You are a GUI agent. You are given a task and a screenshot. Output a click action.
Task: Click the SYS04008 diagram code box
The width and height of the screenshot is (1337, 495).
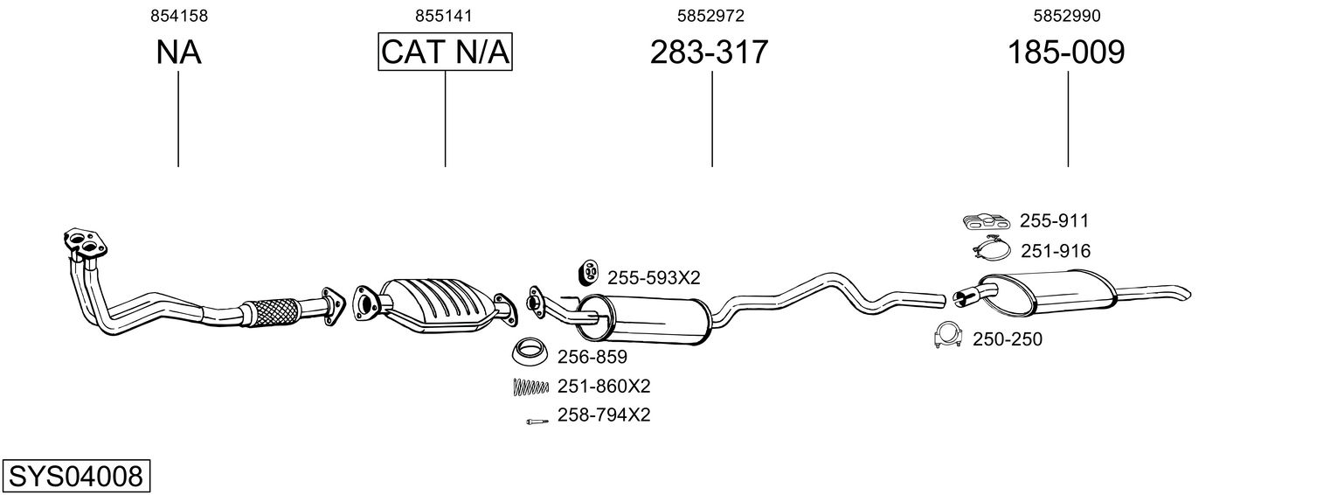[x=75, y=477]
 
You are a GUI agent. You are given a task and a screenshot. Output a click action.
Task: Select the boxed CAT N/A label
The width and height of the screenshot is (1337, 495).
[x=445, y=52]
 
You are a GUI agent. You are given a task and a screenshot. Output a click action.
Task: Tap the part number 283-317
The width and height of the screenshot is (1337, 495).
[x=709, y=52]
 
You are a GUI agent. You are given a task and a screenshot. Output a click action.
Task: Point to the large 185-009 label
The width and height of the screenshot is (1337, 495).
[x=1066, y=52]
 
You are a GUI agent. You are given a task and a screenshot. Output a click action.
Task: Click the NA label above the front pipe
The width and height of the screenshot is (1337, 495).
[x=178, y=52]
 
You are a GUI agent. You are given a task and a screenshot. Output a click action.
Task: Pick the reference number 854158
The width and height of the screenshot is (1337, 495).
[x=178, y=16]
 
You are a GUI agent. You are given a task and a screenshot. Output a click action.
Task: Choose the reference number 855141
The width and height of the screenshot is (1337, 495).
[x=445, y=16]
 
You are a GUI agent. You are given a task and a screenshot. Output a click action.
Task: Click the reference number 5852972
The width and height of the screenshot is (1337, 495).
[x=710, y=16]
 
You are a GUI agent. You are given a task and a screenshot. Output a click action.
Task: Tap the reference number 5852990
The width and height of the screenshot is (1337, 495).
[x=1066, y=16]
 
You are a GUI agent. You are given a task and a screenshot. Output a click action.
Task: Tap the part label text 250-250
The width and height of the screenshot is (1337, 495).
[x=1007, y=339]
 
